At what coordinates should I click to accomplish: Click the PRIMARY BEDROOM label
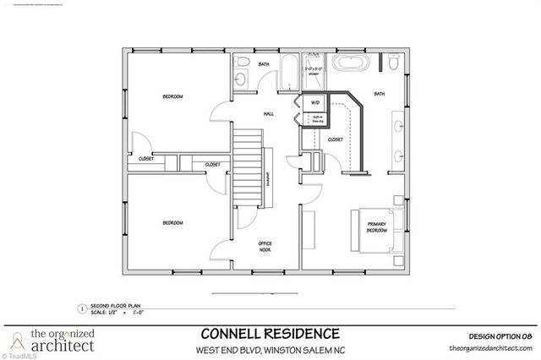[376, 227]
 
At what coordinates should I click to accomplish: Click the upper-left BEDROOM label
[172, 97]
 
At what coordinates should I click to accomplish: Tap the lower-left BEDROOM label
[172, 223]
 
